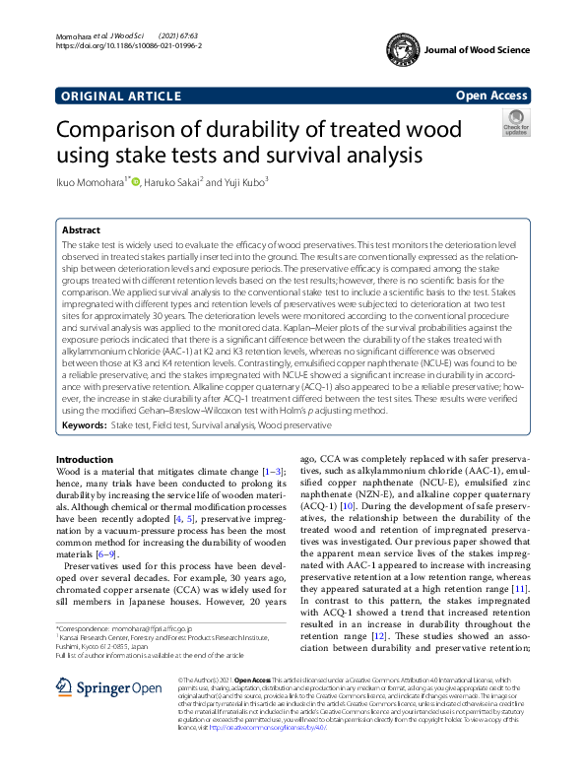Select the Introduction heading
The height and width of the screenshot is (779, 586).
click(84, 460)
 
